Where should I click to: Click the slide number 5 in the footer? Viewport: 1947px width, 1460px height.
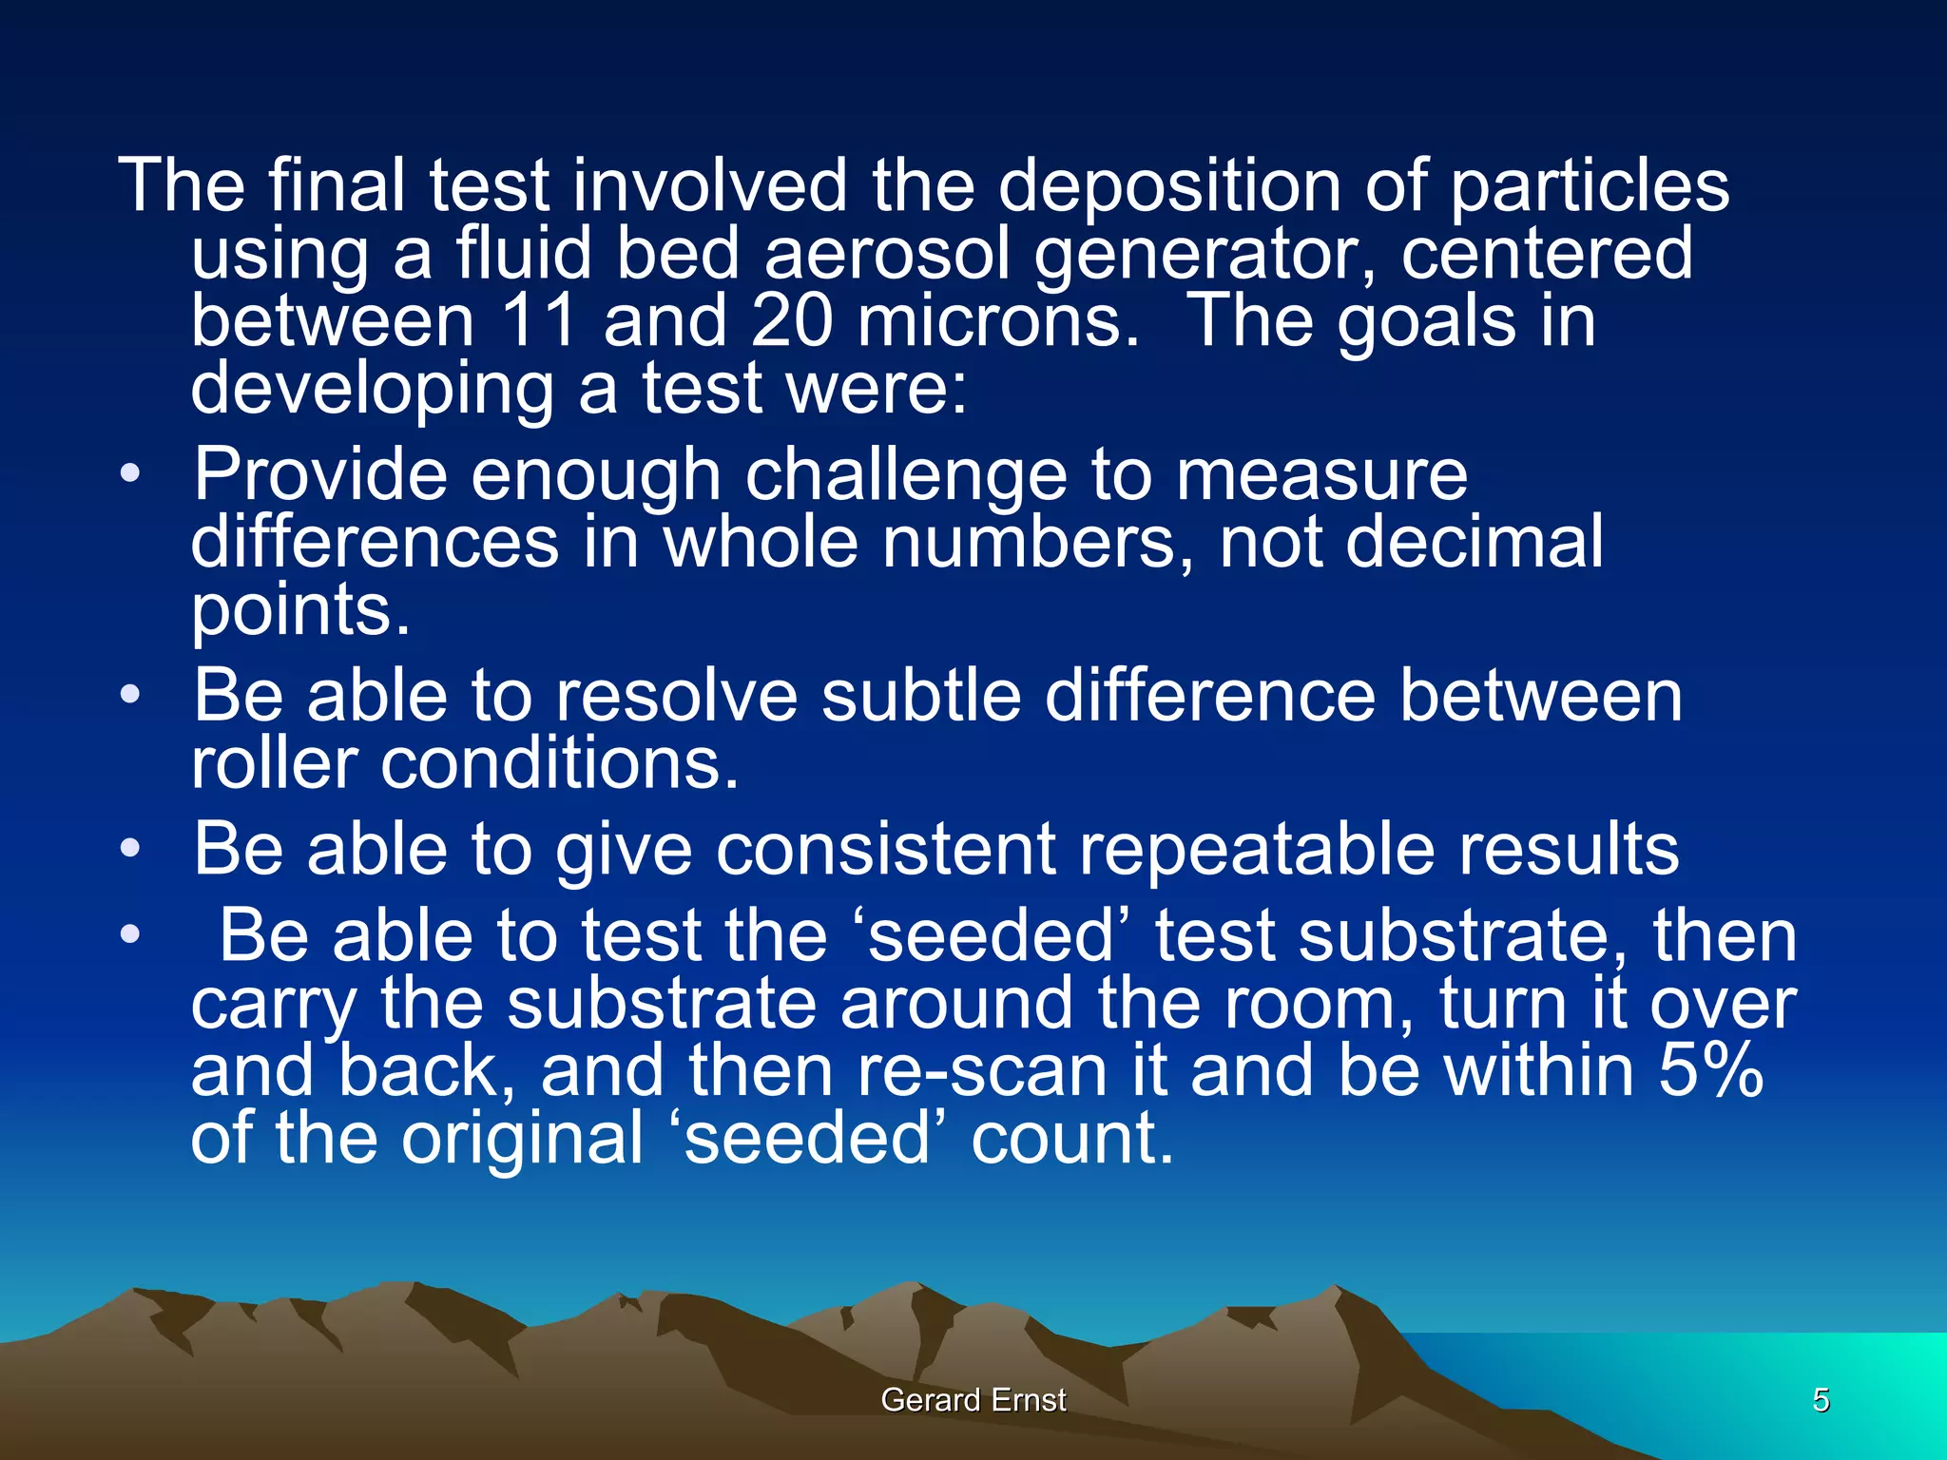tap(1821, 1400)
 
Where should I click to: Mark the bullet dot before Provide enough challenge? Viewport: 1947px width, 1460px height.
tap(130, 473)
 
